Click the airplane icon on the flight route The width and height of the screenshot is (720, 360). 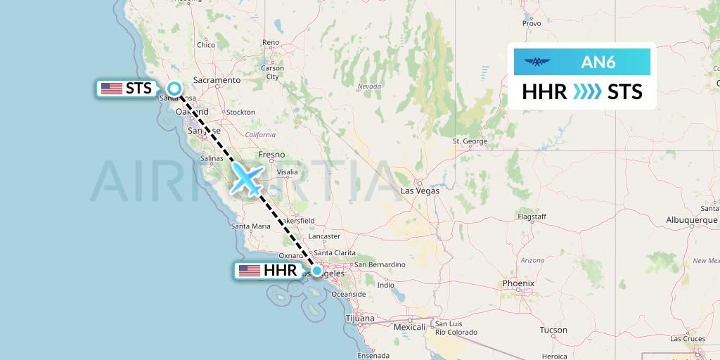tap(247, 179)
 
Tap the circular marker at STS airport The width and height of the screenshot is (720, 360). tap(174, 89)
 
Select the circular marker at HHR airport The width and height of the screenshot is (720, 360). tap(317, 271)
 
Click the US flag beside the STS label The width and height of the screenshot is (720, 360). tap(111, 89)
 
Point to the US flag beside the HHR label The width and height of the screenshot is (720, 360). tap(249, 271)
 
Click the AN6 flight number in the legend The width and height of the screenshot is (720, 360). tap(598, 63)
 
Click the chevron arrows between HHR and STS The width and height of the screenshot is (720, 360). tap(587, 92)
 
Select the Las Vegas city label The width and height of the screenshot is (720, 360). tap(420, 191)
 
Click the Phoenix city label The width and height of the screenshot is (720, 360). tap(518, 283)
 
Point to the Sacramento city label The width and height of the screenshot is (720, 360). tap(218, 80)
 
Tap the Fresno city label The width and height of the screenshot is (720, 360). tap(271, 155)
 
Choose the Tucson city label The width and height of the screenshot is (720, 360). tap(553, 330)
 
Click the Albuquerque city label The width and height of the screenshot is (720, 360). tap(691, 220)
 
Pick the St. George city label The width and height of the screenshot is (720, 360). tap(470, 141)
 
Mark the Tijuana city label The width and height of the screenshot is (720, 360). tap(360, 319)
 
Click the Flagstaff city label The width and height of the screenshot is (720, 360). tap(532, 217)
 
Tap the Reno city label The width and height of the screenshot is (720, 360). tap(271, 43)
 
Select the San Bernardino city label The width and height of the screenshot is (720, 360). tap(380, 264)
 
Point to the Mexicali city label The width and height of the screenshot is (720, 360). tap(410, 327)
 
